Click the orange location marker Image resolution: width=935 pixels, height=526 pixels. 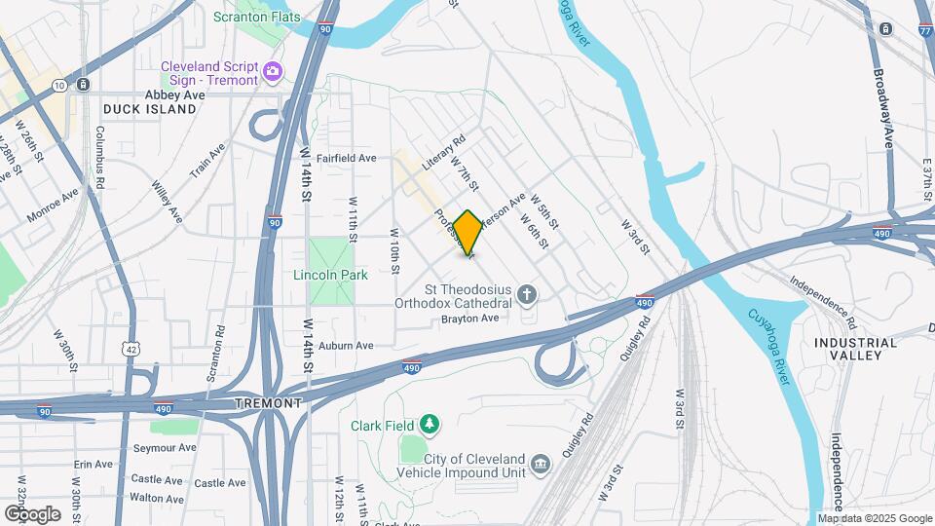click(468, 233)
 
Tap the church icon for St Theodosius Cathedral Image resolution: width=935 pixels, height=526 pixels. click(527, 293)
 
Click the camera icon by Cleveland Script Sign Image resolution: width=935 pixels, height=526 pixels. click(272, 71)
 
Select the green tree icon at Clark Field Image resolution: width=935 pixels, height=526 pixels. click(428, 425)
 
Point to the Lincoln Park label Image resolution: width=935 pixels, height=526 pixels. click(331, 275)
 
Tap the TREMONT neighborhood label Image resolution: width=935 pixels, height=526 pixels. click(268, 402)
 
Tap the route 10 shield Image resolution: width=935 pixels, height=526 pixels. click(59, 86)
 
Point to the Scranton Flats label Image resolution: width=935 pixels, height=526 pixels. click(256, 18)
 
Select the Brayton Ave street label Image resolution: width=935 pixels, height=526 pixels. click(469, 319)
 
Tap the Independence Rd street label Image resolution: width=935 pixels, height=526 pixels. click(823, 302)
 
